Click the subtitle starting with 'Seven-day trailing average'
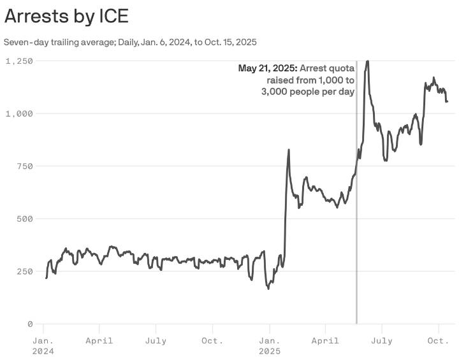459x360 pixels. [130, 42]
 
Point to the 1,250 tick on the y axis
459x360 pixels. [20, 61]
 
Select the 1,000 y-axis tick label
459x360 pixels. [20, 113]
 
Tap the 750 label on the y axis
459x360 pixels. [24, 166]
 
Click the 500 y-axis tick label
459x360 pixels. [24, 219]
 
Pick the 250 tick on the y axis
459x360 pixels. [24, 271]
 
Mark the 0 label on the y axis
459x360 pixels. [29, 324]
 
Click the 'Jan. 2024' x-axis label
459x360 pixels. [43, 345]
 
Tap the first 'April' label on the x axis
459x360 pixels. [99, 341]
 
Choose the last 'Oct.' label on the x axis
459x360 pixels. [439, 341]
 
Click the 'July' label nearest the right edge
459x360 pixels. [382, 341]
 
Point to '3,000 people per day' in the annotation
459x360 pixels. [307, 92]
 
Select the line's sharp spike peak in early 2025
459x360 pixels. [289, 150]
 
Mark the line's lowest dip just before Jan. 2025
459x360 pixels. [268, 288]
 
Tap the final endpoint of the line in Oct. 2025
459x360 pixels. [447, 101]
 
